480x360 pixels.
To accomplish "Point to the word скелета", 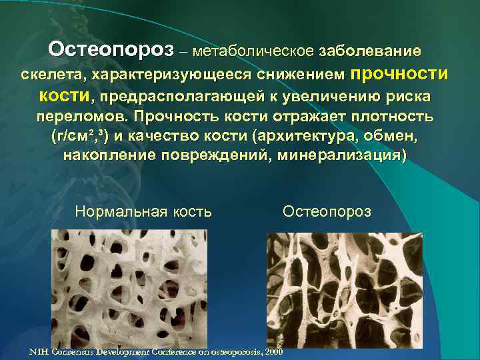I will (x=53, y=73).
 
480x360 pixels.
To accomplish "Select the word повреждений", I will (x=217, y=157).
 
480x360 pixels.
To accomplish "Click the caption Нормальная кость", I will (x=144, y=212).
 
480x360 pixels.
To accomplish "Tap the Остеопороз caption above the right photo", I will (x=327, y=212).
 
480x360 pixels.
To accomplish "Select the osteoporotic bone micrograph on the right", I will (x=344, y=293).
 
